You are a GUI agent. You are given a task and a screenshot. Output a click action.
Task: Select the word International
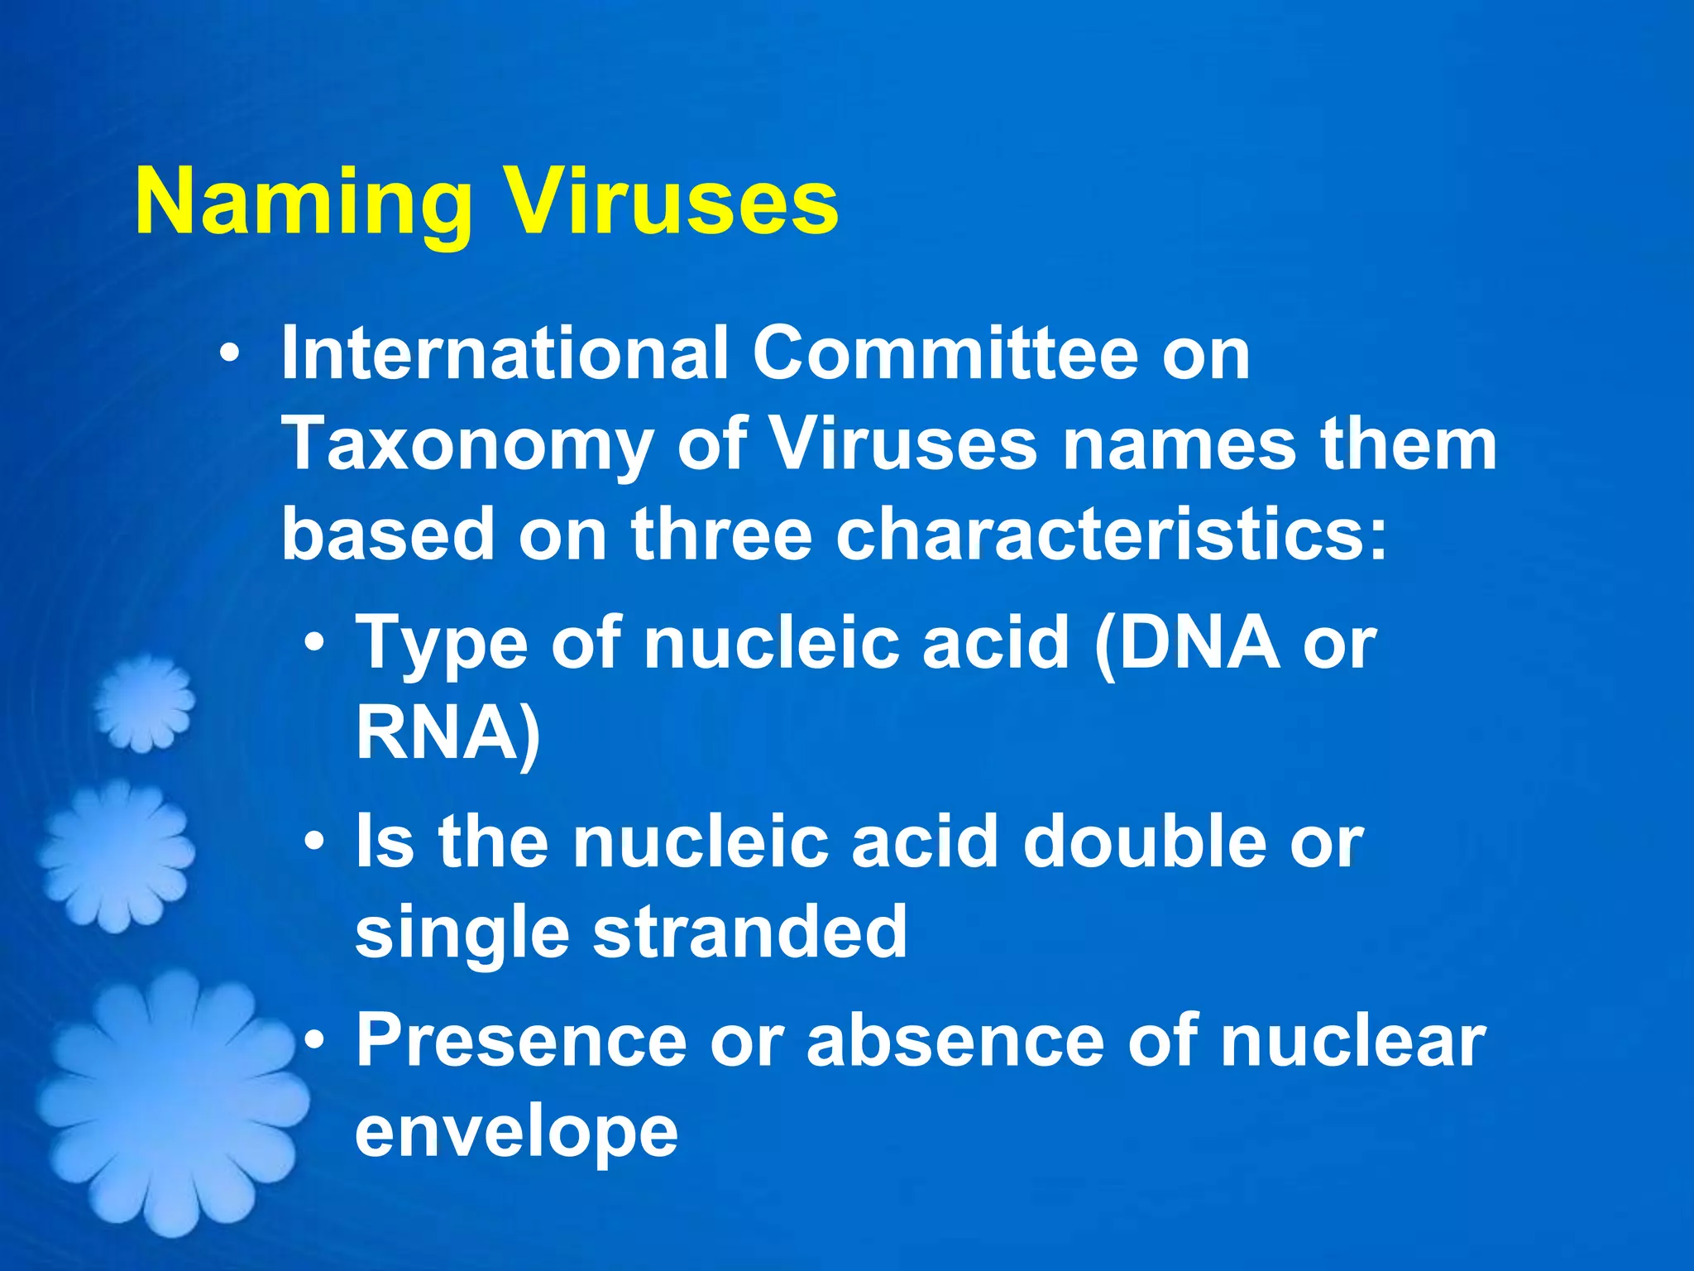point(505,353)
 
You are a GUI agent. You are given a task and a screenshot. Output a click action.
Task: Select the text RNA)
point(447,732)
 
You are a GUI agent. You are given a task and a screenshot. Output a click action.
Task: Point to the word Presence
point(521,1042)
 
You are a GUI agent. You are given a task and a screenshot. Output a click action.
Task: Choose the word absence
point(955,1042)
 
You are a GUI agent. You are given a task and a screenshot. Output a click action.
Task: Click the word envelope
point(517,1134)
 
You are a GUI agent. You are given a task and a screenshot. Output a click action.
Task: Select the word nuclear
point(1353,1042)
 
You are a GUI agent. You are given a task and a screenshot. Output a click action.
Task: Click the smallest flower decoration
point(144,703)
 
